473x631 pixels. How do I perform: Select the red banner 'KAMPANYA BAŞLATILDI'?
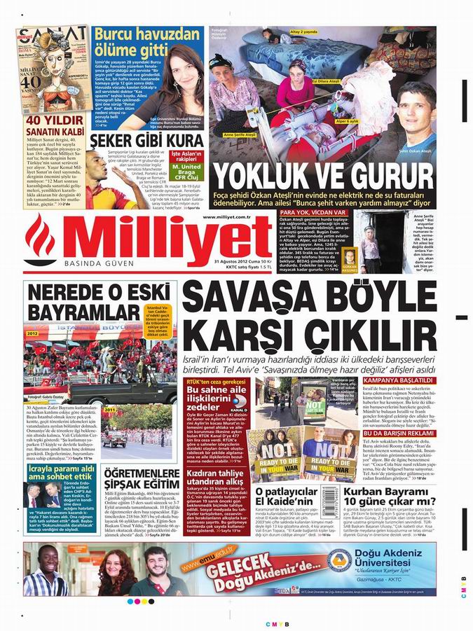click(397, 380)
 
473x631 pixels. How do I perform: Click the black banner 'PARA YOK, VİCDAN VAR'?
click(313, 212)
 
